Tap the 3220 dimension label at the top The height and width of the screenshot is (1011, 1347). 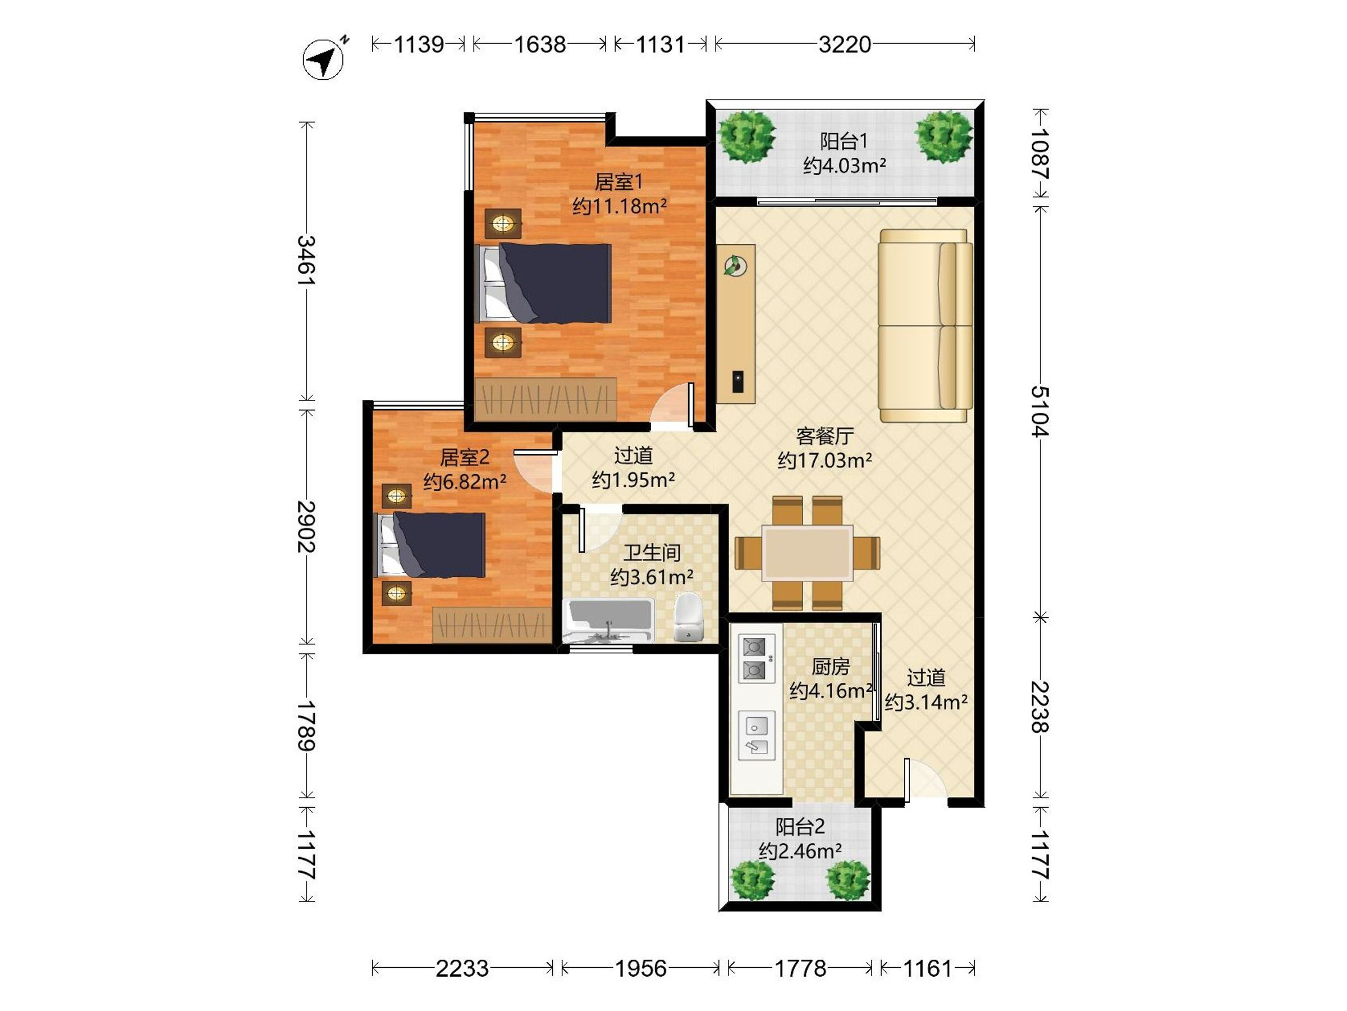845,44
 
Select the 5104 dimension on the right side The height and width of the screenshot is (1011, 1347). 1040,411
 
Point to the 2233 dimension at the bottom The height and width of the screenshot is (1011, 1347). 462,968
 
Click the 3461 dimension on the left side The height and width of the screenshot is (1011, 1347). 306,260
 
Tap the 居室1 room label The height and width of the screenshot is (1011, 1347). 618,181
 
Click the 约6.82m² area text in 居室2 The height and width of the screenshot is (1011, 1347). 465,481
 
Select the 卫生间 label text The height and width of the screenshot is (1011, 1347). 652,553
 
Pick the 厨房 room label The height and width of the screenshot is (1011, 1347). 831,667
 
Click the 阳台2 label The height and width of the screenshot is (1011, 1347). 800,827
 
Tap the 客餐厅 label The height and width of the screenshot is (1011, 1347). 824,436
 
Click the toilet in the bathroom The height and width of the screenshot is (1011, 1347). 688,616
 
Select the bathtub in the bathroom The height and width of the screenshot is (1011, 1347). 608,621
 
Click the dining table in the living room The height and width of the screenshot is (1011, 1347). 808,553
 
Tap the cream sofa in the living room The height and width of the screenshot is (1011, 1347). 925,326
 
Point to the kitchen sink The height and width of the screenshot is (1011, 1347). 757,736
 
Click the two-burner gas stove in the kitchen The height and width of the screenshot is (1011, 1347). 757,658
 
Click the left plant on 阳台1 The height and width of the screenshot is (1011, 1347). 746,136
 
